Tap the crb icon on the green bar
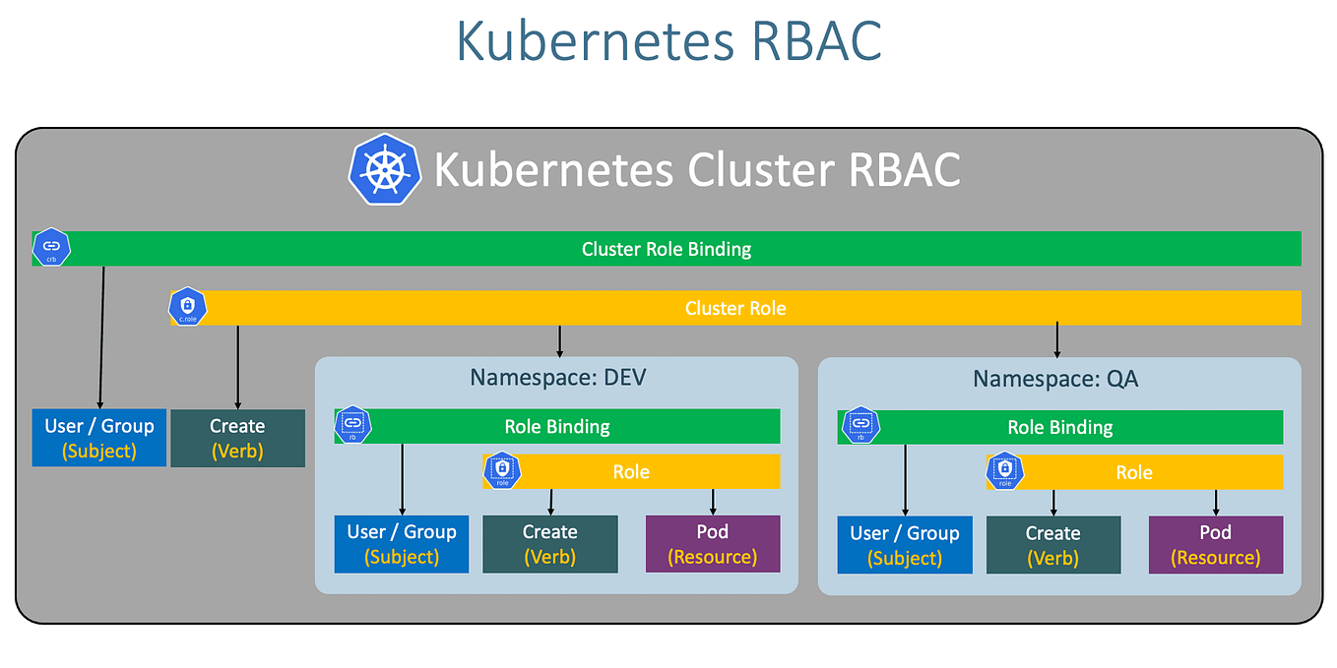pyautogui.click(x=51, y=248)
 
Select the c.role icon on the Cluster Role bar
pyautogui.click(x=188, y=308)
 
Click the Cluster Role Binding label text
pyautogui.click(x=666, y=249)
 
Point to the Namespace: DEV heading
pyautogui.click(x=557, y=378)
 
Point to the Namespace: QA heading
pyautogui.click(x=1055, y=379)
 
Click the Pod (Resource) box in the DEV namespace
pyautogui.click(x=712, y=544)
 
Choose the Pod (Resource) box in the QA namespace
pyautogui.click(x=1215, y=545)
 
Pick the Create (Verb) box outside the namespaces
pyautogui.click(x=237, y=439)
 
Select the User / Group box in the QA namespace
pyautogui.click(x=904, y=545)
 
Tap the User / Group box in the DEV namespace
pyautogui.click(x=401, y=544)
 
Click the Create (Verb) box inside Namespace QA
pyautogui.click(x=1052, y=545)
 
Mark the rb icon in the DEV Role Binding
pyautogui.click(x=352, y=425)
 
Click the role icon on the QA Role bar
pyautogui.click(x=1004, y=471)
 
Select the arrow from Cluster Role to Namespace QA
pyautogui.click(x=1056, y=340)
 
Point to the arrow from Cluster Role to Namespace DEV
pyautogui.click(x=559, y=340)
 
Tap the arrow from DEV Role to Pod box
pyautogui.click(x=713, y=502)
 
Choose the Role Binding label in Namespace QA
pyautogui.click(x=1059, y=428)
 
